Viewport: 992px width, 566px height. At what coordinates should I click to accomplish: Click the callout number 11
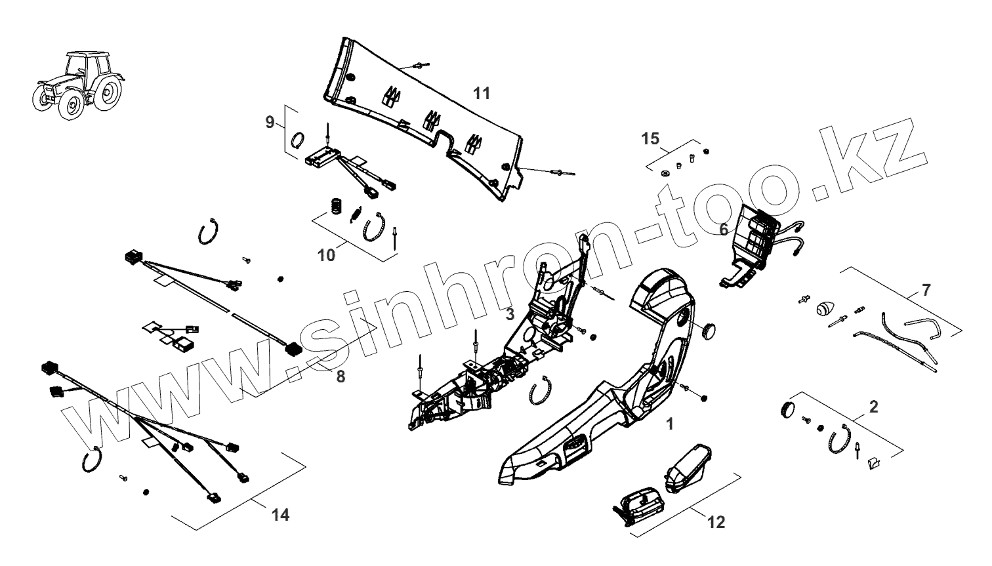point(482,94)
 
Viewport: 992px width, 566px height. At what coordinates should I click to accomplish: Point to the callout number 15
point(650,139)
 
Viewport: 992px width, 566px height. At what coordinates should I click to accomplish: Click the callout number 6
point(723,230)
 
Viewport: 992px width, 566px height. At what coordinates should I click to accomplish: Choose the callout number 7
point(926,289)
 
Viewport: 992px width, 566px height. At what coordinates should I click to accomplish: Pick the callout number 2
point(873,407)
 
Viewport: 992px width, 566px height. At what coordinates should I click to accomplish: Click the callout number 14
point(280,515)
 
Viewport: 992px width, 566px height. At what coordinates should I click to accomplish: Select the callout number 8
point(340,376)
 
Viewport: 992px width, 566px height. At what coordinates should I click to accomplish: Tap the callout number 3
point(510,314)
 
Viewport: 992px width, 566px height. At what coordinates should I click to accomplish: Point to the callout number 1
point(669,424)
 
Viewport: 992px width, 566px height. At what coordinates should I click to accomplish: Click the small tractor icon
point(77,85)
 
